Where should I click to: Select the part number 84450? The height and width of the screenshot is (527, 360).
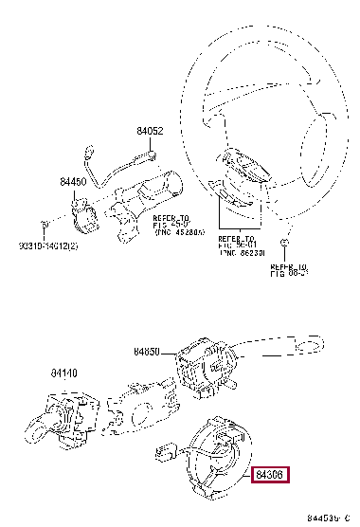73,181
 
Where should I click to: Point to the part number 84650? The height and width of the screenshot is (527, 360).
151,351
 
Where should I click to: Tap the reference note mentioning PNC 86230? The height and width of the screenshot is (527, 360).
238,245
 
